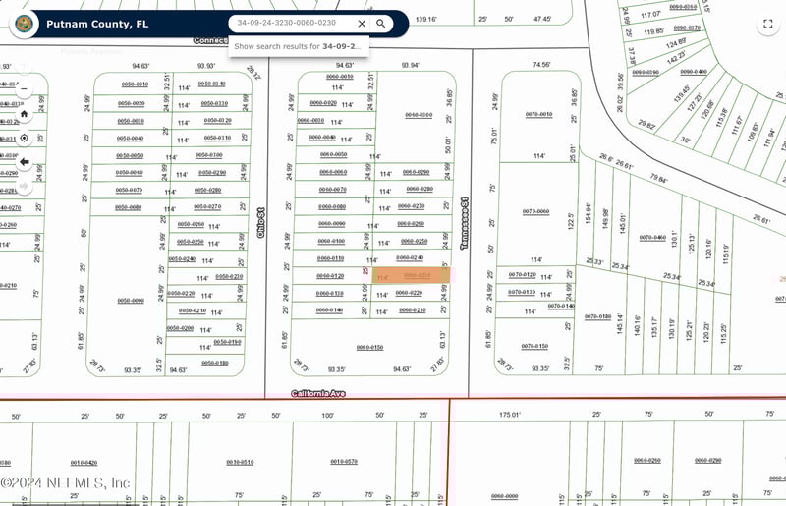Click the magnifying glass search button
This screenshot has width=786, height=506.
pyautogui.click(x=385, y=24)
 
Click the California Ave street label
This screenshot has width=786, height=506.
pyautogui.click(x=318, y=393)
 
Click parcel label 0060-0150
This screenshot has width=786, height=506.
pyautogui.click(x=369, y=348)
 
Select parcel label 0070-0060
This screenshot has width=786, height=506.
pyautogui.click(x=535, y=211)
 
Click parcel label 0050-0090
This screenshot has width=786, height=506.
pyautogui.click(x=130, y=301)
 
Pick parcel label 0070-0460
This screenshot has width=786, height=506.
pyautogui.click(x=652, y=237)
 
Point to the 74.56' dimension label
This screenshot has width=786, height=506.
pyautogui.click(x=541, y=64)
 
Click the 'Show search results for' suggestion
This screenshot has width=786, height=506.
pyautogui.click(x=298, y=46)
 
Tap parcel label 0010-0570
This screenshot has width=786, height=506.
pyautogui.click(x=344, y=461)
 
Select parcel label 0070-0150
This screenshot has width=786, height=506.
pyautogui.click(x=534, y=346)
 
